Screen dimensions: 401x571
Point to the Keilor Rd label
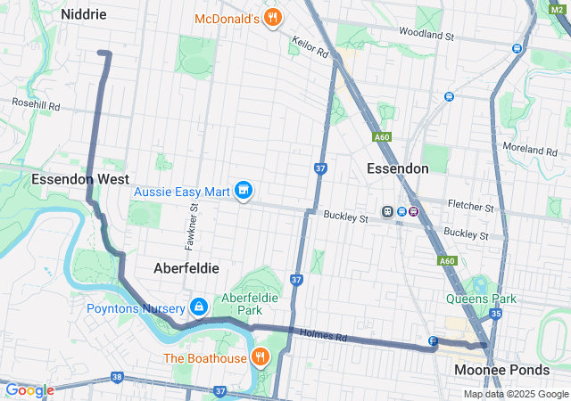tap(310, 47)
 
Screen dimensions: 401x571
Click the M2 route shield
tap(558, 7)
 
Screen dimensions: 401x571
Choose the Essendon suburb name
tap(398, 168)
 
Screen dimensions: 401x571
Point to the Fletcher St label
tap(472, 207)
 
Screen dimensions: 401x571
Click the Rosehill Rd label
tap(36, 105)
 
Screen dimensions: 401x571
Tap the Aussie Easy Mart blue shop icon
tap(243, 191)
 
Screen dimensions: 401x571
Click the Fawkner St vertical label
tap(193, 225)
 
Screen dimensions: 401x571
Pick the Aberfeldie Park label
tap(252, 303)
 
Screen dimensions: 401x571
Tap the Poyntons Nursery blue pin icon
tap(198, 307)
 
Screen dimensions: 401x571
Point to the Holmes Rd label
tap(323, 336)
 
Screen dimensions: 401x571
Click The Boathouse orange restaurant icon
tap(260, 358)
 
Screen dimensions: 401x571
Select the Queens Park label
tap(482, 299)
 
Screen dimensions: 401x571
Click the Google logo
tap(29, 390)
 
